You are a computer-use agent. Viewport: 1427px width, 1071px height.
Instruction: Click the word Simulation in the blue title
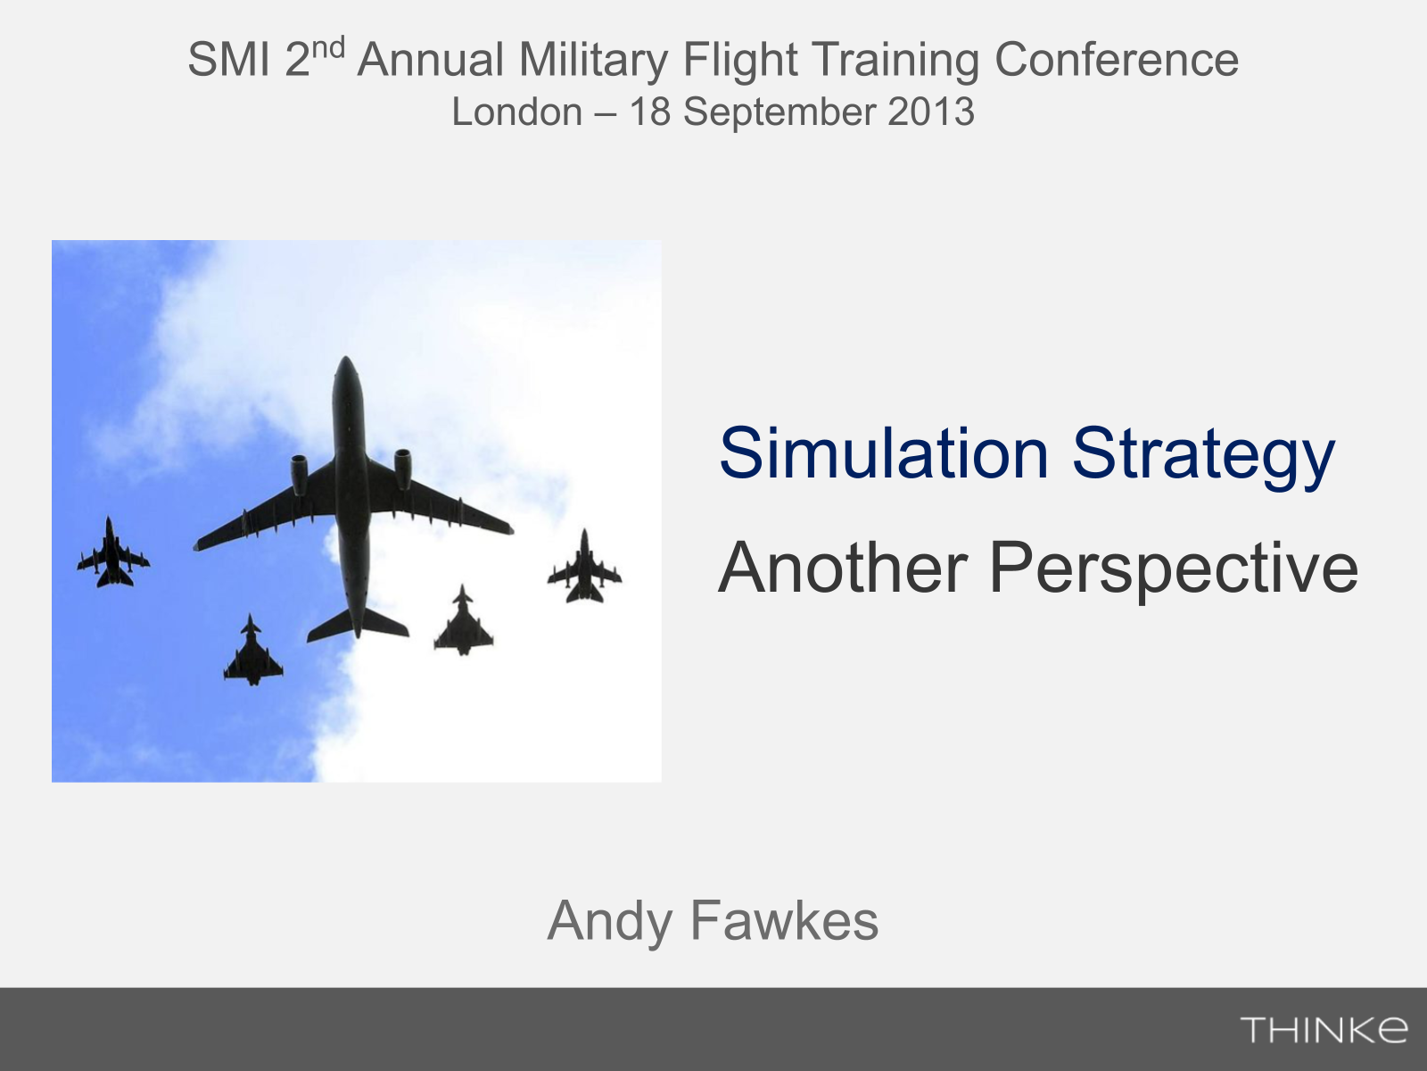point(884,453)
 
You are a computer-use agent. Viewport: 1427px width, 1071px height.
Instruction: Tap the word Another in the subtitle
point(843,568)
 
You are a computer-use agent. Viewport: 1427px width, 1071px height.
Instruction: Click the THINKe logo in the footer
point(1324,1029)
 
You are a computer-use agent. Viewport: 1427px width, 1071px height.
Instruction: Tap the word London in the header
point(516,112)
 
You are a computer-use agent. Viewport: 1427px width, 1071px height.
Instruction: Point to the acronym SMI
point(229,59)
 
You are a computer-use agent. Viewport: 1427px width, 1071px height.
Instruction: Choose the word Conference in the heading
point(1117,59)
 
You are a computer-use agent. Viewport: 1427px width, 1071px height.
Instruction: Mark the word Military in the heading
point(594,61)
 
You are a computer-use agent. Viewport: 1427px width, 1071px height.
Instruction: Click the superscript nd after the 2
point(327,47)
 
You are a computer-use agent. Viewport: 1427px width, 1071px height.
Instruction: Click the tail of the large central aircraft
point(358,623)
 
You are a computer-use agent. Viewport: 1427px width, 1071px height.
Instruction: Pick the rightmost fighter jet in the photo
point(584,567)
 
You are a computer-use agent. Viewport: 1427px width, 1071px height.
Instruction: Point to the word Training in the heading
point(895,61)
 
